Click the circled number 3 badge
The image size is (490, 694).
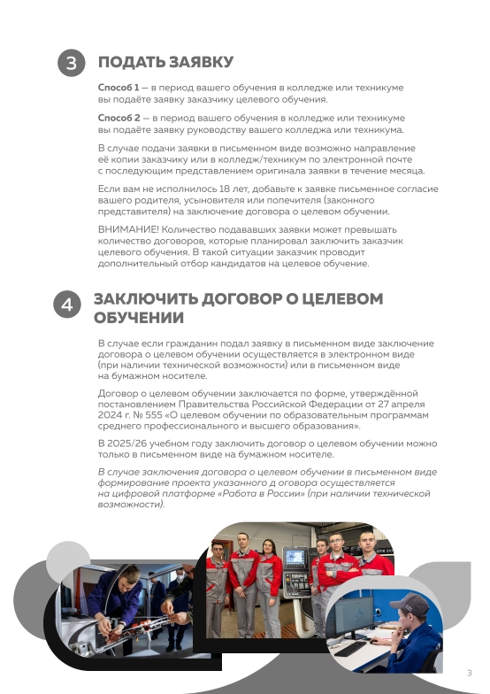(72, 64)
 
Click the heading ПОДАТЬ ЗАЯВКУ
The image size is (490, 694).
(165, 62)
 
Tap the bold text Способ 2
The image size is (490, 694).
(119, 118)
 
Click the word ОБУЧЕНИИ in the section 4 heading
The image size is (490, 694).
(139, 318)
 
